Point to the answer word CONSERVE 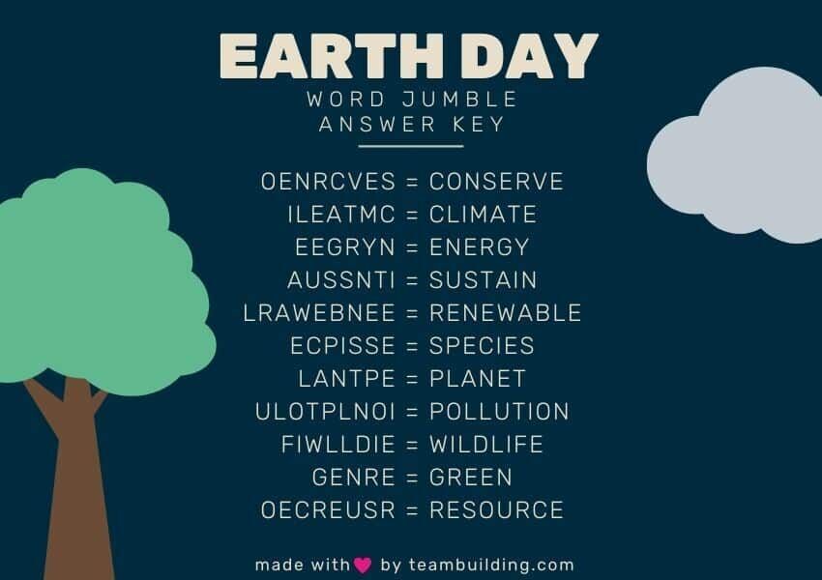point(496,182)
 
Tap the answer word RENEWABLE point(505,313)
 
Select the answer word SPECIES point(482,346)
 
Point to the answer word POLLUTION point(499,412)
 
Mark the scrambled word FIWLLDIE point(338,445)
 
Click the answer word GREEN point(471,478)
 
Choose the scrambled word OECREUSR point(329,510)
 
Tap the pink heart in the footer point(363,565)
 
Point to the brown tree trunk point(77,483)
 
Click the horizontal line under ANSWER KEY point(411,147)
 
